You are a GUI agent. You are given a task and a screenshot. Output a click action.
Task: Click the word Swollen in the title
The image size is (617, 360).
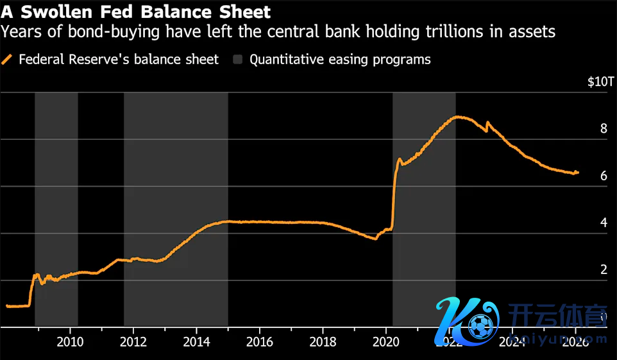[x=53, y=12]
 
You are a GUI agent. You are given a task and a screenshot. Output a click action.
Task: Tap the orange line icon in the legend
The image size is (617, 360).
[x=8, y=60]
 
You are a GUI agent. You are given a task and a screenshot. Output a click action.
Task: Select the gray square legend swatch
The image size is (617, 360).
[x=238, y=60]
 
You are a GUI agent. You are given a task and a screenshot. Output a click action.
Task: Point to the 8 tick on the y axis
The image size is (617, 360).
[x=603, y=128]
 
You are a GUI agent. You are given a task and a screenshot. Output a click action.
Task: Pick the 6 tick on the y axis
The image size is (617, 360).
[x=603, y=175]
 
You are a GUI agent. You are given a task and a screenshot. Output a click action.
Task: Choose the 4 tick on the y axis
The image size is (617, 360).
[x=603, y=223]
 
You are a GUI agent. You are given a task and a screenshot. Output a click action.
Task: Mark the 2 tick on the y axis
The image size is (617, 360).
[x=603, y=270]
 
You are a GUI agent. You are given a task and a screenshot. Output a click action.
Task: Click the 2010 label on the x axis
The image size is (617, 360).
[x=69, y=341]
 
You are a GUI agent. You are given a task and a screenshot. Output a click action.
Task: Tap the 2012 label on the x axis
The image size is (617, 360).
[x=133, y=341]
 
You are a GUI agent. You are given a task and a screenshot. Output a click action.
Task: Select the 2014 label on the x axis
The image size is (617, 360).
[x=196, y=341]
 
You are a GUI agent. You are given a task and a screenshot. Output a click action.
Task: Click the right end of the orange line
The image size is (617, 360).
[x=577, y=172]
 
